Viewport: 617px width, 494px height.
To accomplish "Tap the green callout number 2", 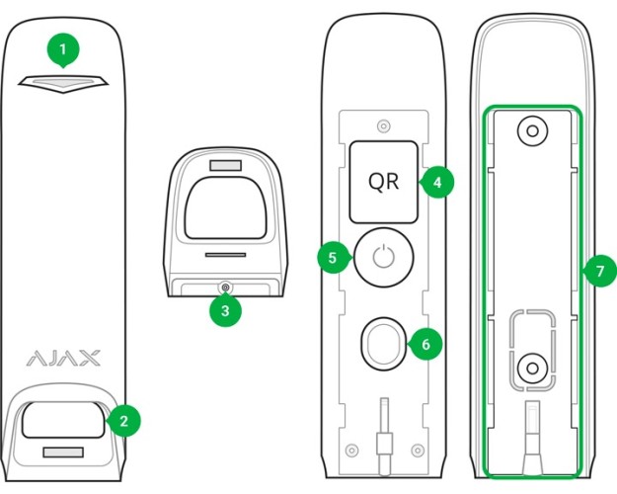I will [123, 420].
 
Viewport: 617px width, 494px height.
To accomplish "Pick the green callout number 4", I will [436, 184].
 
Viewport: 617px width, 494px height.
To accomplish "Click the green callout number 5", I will [333, 258].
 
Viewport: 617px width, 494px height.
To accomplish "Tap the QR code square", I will [384, 183].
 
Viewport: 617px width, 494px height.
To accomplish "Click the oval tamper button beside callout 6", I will [383, 342].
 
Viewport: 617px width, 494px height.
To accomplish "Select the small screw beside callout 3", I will [225, 288].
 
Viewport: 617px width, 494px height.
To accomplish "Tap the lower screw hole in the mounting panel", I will [531, 370].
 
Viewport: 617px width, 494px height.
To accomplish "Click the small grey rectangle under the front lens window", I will [62, 453].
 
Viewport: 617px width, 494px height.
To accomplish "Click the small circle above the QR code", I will [384, 125].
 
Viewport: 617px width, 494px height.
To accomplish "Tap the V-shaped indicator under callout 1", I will [62, 83].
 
